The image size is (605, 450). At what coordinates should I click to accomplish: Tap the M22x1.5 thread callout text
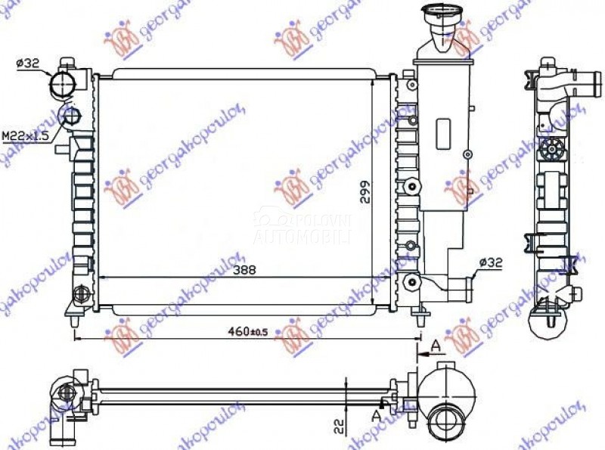[24, 135]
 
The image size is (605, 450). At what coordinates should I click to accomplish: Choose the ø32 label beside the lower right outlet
[489, 262]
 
